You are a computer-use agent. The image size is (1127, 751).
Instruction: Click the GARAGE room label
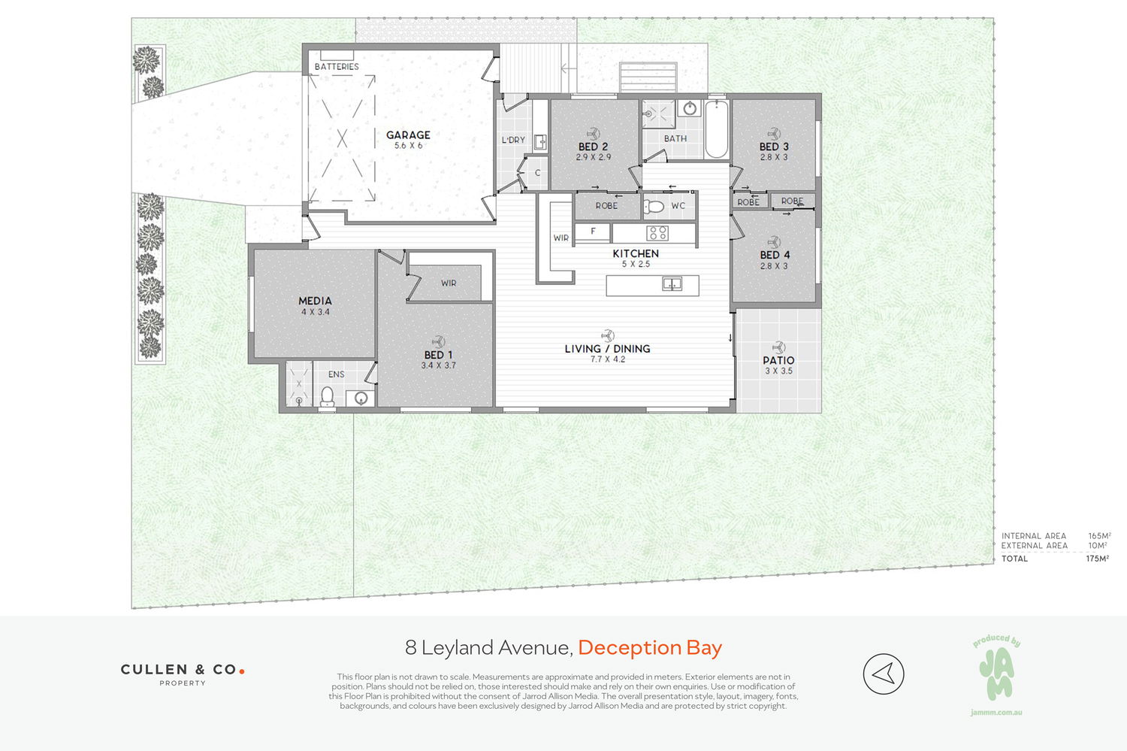[x=408, y=135]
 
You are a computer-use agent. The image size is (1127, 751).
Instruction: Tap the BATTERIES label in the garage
[x=337, y=66]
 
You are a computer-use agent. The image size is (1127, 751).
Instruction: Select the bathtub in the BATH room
[x=716, y=129]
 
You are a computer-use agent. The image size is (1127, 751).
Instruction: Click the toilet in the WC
[x=654, y=206]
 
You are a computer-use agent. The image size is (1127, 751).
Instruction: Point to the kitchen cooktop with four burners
[x=657, y=232]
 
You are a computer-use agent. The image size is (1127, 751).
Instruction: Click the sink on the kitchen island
[x=672, y=284]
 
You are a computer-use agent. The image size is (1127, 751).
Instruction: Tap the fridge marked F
[x=593, y=232]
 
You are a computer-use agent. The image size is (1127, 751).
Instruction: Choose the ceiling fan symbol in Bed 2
[x=594, y=134]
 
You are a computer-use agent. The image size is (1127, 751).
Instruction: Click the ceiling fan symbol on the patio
[x=779, y=347]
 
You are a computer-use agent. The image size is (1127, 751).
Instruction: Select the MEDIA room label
[x=315, y=301]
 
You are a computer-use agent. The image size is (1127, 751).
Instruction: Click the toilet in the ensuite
[x=327, y=397]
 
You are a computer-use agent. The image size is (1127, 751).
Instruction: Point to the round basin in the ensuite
[x=361, y=398]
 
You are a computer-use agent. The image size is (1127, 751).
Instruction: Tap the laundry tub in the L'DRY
[x=540, y=142]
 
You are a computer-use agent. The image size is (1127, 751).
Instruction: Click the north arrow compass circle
[x=884, y=674]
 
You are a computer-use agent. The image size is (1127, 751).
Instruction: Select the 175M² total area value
[x=1097, y=559]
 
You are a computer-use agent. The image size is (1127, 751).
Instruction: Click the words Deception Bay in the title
[x=650, y=647]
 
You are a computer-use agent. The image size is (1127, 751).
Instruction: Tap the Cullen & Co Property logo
[x=183, y=674]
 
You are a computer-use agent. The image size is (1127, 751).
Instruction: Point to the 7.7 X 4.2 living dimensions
[x=607, y=359]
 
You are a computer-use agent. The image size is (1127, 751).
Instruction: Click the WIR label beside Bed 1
[x=449, y=283]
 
